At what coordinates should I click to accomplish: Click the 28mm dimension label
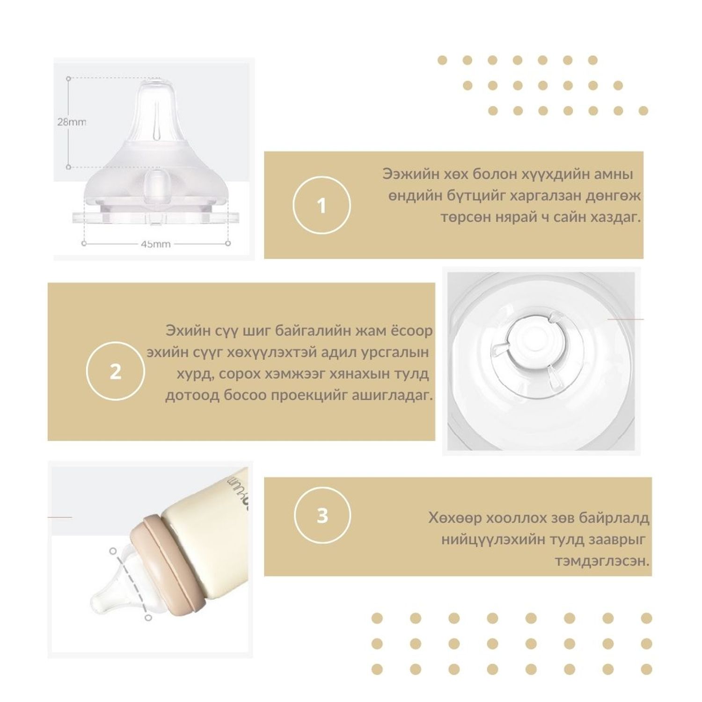click(x=72, y=122)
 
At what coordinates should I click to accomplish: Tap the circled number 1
click(x=322, y=205)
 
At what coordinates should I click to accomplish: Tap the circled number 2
click(x=115, y=372)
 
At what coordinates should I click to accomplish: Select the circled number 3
click(x=322, y=516)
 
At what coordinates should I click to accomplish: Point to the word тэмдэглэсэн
click(x=602, y=561)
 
